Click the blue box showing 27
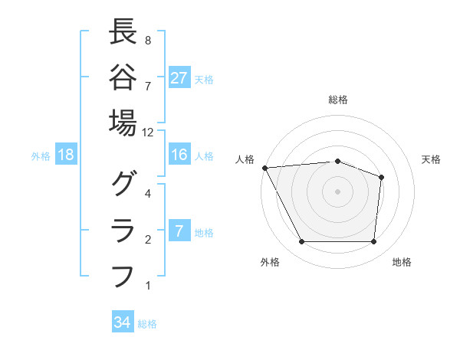179,78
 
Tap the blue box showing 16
179,155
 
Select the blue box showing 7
179,232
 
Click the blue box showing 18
66,155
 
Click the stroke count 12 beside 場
148,132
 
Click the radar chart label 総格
337,100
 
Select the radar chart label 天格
431,159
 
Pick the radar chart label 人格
245,159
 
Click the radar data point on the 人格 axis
264,168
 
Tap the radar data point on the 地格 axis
373,242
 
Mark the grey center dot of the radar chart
337,191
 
